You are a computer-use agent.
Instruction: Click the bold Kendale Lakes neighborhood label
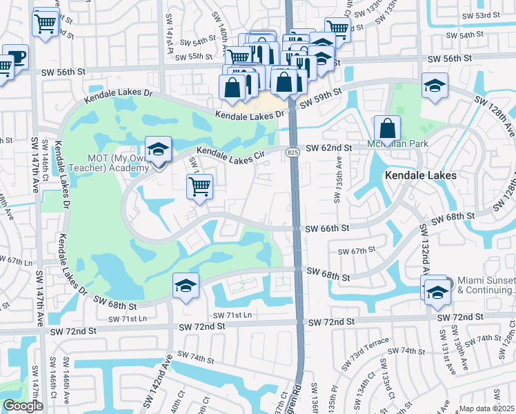(x=421, y=176)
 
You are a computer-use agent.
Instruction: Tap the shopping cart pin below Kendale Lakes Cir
(x=199, y=186)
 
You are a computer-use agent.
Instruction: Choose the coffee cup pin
(x=15, y=57)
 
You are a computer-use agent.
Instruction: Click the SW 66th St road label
(x=327, y=228)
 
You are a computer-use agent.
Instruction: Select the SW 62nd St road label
(x=329, y=148)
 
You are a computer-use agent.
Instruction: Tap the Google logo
(x=23, y=406)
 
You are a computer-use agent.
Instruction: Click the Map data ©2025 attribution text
(x=487, y=408)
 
